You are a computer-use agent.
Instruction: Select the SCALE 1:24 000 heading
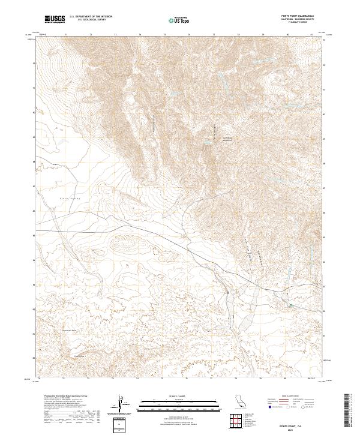pyautogui.click(x=172, y=396)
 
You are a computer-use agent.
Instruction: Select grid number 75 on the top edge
pyautogui.click(x=164, y=35)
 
